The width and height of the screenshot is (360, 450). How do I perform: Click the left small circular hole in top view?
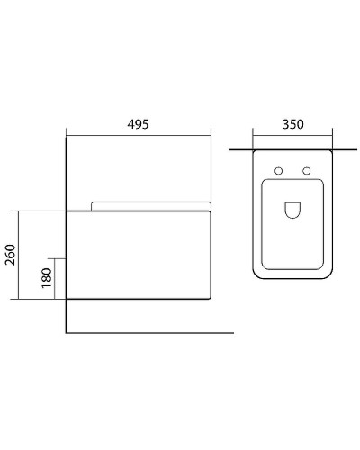click(x=278, y=170)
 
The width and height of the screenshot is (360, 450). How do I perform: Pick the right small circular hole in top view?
click(x=308, y=170)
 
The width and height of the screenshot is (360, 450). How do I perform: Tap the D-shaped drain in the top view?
click(x=293, y=210)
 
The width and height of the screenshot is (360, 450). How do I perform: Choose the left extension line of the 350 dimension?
click(x=254, y=139)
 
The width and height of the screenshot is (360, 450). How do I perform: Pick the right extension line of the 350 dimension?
click(x=332, y=139)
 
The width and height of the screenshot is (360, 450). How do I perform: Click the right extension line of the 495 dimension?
click(x=211, y=171)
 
